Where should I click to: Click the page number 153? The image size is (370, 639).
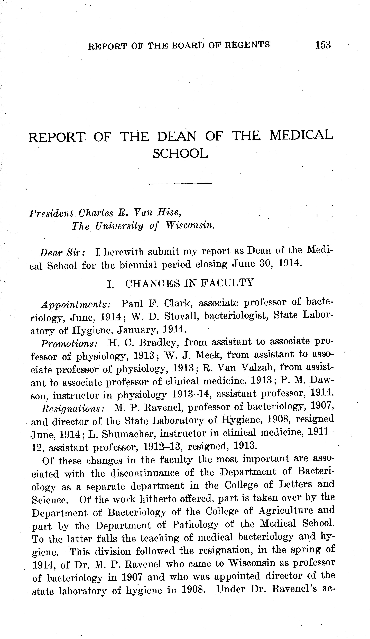pyautogui.click(x=323, y=45)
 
